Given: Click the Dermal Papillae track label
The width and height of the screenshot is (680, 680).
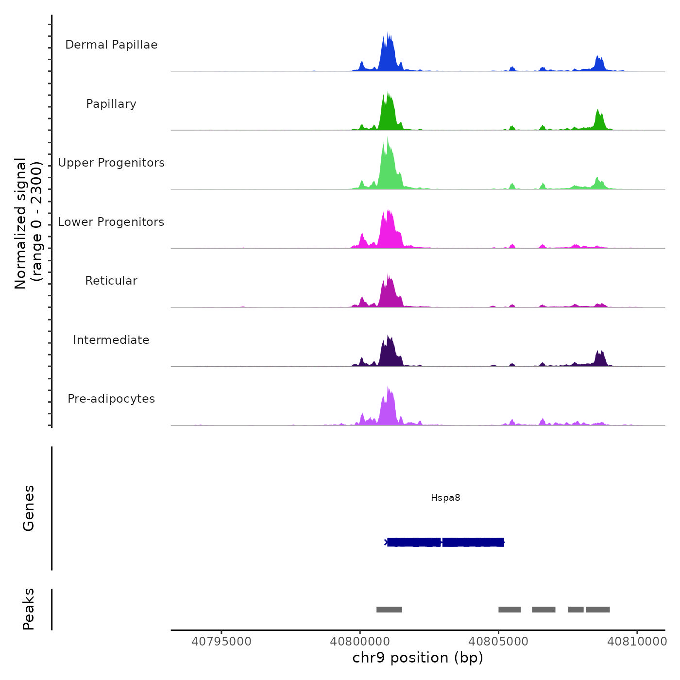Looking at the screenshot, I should point(111,45).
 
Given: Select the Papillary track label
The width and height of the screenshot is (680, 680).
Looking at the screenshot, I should point(111,104).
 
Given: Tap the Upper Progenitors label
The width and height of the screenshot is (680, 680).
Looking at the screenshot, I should point(111,163).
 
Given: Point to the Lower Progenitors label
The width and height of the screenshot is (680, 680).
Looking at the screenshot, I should point(111,222).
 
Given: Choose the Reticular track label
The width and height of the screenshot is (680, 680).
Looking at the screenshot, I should point(111,281).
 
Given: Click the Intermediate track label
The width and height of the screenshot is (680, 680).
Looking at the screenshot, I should point(111,340).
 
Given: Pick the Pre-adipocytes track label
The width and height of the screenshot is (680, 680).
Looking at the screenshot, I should point(111,399).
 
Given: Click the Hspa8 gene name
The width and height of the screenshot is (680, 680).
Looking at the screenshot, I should point(445,498).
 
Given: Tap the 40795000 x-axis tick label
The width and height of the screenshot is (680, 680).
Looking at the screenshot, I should point(221,642).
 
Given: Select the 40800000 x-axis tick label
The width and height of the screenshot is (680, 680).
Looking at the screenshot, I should point(360,642).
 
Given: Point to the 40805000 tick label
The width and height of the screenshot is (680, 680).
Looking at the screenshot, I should point(498,642).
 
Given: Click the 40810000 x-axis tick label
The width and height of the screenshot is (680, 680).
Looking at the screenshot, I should point(637,642).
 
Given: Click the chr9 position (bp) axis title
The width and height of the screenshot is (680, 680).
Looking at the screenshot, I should point(418,658).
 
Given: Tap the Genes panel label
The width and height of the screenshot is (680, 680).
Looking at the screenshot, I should point(29,508).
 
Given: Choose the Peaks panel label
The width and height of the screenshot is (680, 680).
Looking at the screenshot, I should point(29,609).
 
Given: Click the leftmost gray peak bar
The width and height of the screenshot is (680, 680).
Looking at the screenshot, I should point(389,610).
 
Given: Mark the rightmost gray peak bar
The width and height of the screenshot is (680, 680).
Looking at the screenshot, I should point(597,610).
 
